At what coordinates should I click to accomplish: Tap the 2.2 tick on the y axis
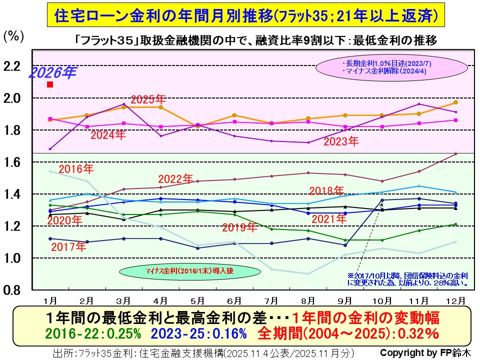point(13,66)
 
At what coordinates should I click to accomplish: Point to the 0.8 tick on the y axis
point(13,290)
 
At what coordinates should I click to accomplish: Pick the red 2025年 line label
point(148,99)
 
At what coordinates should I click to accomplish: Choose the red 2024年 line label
point(107,134)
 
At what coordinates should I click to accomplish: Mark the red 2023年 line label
point(341,141)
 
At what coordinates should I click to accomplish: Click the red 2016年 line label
point(76,168)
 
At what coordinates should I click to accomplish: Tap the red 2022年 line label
point(175,178)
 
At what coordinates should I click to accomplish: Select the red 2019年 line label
point(239,228)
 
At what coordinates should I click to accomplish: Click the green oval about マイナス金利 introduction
point(189,272)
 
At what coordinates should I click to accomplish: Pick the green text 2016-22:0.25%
point(93,333)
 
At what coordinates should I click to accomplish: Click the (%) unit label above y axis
point(13,36)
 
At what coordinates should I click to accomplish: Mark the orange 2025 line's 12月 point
point(455,102)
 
